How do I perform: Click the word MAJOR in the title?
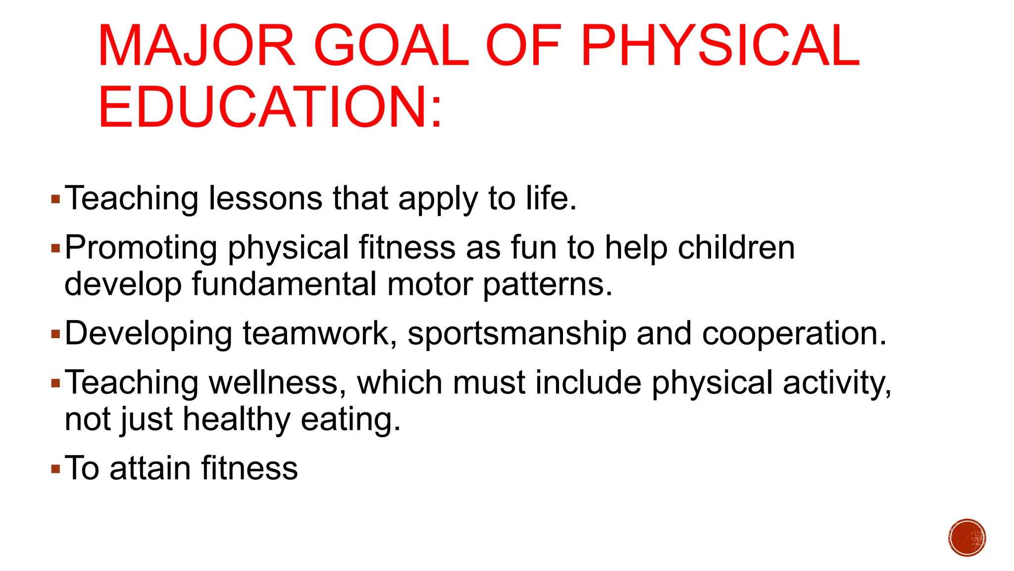[197, 46]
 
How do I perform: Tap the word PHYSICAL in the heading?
[720, 46]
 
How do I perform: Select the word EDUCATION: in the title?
[270, 107]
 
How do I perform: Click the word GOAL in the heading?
[391, 46]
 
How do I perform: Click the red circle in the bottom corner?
[967, 538]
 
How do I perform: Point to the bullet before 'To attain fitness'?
[55, 468]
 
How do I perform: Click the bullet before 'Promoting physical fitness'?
[55, 247]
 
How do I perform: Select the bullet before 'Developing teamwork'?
[55, 334]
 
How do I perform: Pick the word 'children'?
[736, 247]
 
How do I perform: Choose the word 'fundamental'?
[284, 284]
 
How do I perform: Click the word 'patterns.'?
[548, 284]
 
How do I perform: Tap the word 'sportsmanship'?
[517, 334]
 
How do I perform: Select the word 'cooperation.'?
[794, 334]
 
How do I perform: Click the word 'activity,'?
[837, 383]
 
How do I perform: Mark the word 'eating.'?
[351, 419]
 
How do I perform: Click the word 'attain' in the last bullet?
[150, 468]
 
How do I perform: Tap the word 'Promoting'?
[141, 247]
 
